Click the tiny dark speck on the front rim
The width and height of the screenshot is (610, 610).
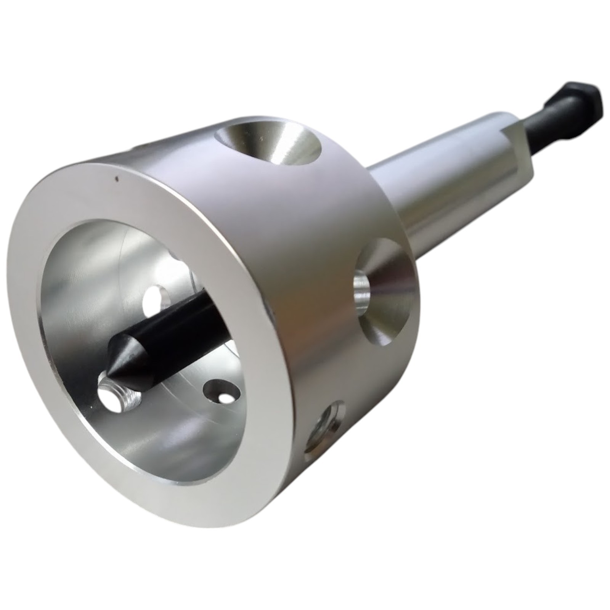point(117,177)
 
